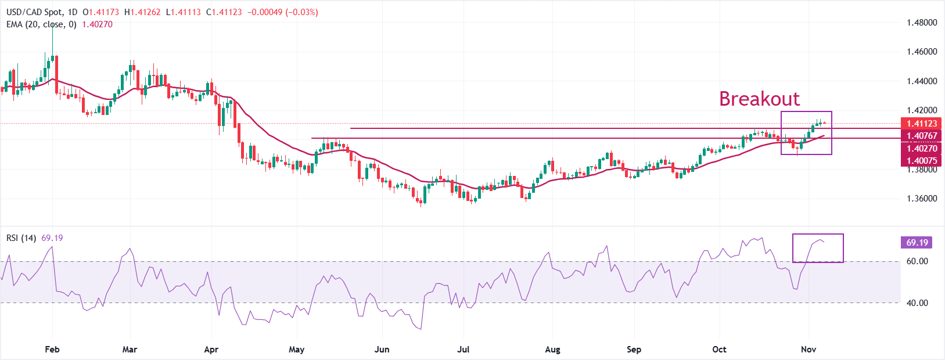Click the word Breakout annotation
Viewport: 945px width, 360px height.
pos(759,99)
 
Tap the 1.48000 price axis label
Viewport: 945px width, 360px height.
pos(922,23)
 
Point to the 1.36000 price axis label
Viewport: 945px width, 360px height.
pos(922,199)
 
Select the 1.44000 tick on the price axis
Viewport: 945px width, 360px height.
pos(922,81)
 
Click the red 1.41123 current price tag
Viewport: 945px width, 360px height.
pos(922,124)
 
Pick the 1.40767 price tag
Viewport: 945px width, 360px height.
pos(922,136)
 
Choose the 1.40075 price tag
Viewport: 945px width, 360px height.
pos(922,161)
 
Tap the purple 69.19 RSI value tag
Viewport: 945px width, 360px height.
pos(917,243)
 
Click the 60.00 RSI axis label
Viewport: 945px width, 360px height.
pos(917,261)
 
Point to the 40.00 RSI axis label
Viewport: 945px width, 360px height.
pos(917,303)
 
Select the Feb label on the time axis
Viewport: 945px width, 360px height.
pos(52,350)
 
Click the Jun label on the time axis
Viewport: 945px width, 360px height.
pos(382,350)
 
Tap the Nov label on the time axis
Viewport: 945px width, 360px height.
pos(809,350)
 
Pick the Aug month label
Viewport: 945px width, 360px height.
pos(552,350)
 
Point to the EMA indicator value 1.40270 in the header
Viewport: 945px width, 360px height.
pos(97,24)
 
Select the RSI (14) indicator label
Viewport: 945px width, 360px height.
pos(21,238)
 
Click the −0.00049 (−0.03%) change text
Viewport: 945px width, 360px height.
pos(283,12)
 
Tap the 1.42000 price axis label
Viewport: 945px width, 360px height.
pos(922,110)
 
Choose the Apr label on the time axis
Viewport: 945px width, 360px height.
pos(211,350)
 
